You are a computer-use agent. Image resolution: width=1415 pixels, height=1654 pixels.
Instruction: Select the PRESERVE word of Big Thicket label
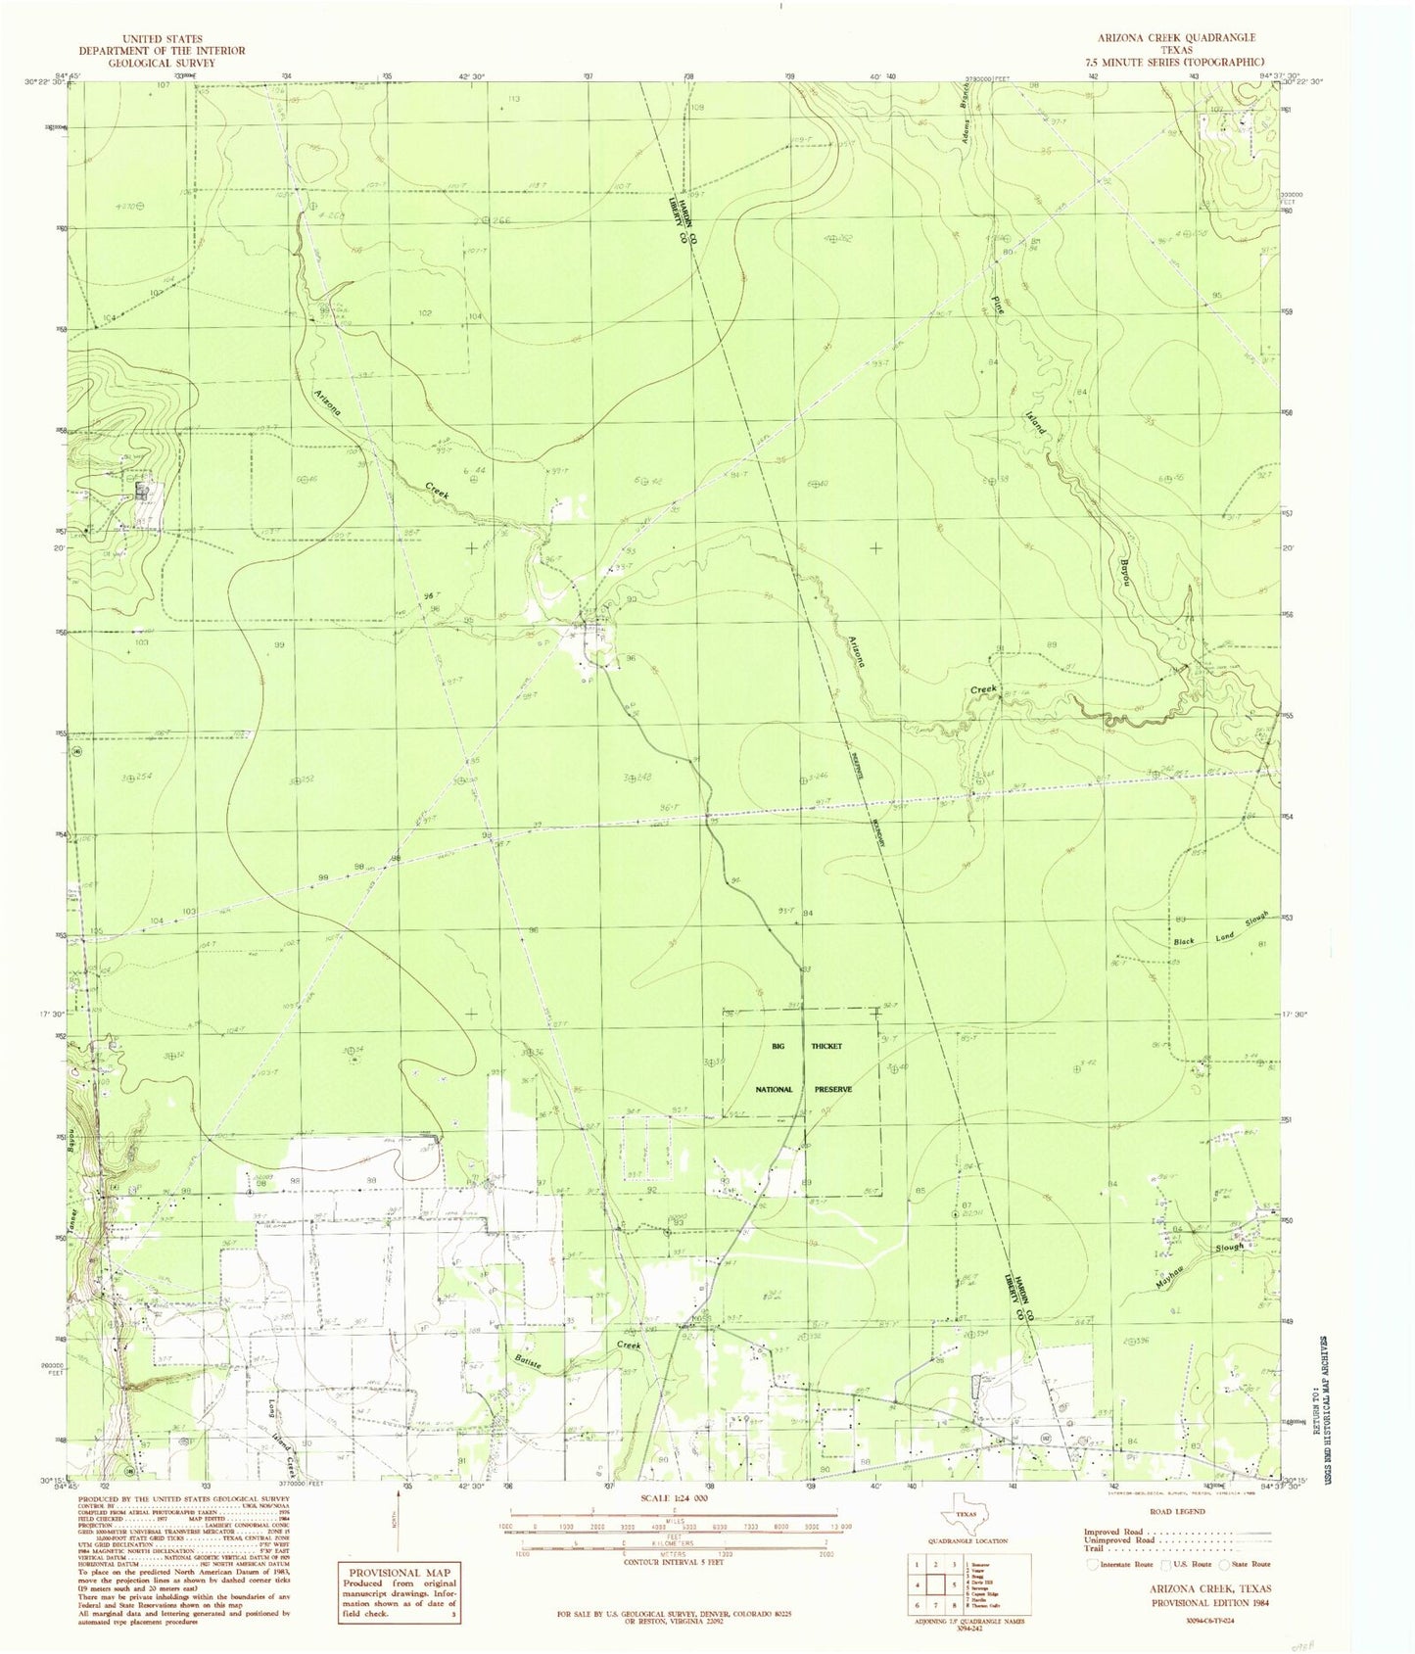pos(831,1089)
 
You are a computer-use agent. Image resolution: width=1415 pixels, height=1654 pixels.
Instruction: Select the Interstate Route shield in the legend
pos(1094,1564)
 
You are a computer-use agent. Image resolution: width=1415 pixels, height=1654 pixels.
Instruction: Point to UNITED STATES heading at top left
pos(163,38)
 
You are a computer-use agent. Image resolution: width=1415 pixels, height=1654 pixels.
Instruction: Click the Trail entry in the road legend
pos(1094,1548)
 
